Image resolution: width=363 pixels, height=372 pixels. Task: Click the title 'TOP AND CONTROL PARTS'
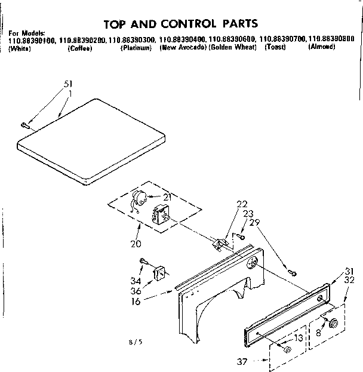click(x=181, y=24)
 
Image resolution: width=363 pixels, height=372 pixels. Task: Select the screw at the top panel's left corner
click(x=25, y=125)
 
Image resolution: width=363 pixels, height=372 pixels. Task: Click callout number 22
click(x=241, y=204)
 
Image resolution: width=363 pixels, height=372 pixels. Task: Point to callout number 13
click(x=298, y=337)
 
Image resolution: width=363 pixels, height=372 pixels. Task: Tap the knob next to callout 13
click(x=287, y=349)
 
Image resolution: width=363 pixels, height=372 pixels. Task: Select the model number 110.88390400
click(x=181, y=39)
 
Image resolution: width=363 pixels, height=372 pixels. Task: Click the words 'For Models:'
click(x=27, y=32)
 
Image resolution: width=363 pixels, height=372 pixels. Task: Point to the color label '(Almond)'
click(x=321, y=47)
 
